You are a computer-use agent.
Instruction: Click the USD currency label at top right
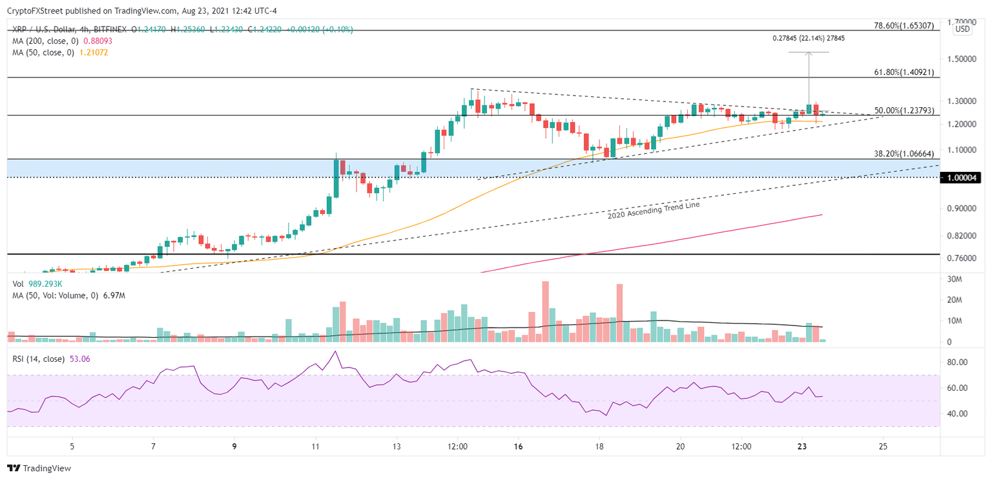pyautogui.click(x=962, y=29)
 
